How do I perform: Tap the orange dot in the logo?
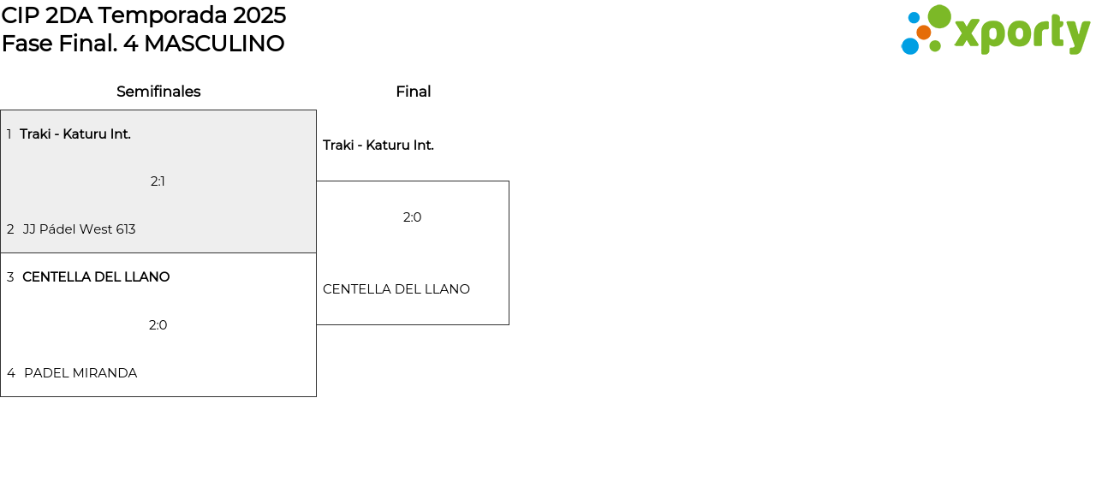pyautogui.click(x=924, y=33)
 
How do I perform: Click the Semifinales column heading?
pyautogui.click(x=158, y=92)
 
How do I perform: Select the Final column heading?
pyautogui.click(x=413, y=92)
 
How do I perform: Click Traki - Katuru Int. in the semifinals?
pyautogui.click(x=75, y=134)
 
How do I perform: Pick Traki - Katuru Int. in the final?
pyautogui.click(x=378, y=145)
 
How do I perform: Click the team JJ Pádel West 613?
pyautogui.click(x=79, y=229)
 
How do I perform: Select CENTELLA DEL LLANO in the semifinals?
pyautogui.click(x=96, y=277)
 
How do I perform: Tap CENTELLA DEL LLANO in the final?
pyautogui.click(x=396, y=289)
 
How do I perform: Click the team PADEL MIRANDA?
pyautogui.click(x=80, y=373)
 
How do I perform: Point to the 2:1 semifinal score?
pyautogui.click(x=158, y=181)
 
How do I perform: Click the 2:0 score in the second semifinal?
pyautogui.click(x=158, y=325)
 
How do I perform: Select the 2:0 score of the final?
pyautogui.click(x=412, y=217)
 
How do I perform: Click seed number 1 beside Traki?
pyautogui.click(x=9, y=134)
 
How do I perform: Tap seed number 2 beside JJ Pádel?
pyautogui.click(x=10, y=229)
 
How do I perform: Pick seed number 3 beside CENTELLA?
pyautogui.click(x=10, y=277)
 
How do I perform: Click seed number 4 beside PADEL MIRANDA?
pyautogui.click(x=10, y=373)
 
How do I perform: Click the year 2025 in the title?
pyautogui.click(x=259, y=15)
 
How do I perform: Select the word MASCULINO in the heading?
pyautogui.click(x=214, y=44)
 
